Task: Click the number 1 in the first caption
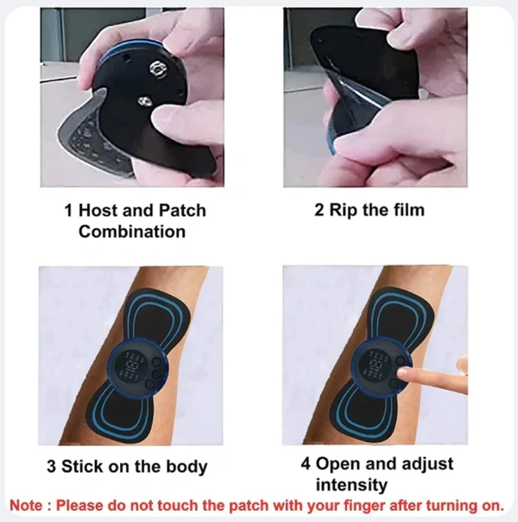click(x=69, y=210)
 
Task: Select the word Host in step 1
click(x=98, y=210)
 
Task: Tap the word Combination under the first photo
click(x=131, y=231)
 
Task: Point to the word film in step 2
click(x=406, y=210)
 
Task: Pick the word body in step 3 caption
click(x=187, y=467)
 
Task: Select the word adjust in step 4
click(x=417, y=463)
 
